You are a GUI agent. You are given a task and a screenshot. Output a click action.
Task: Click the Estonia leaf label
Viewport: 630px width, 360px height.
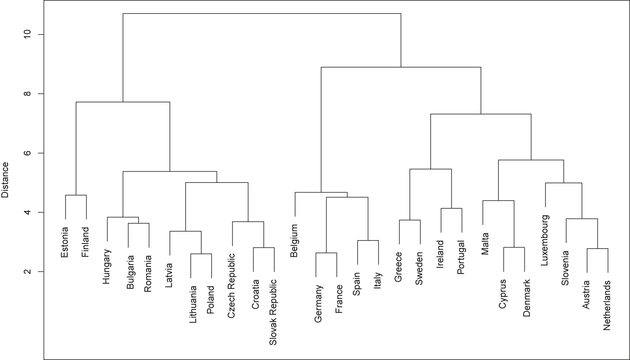[x=65, y=241]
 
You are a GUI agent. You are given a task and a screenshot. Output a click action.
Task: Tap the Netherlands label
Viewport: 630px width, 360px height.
[x=608, y=306]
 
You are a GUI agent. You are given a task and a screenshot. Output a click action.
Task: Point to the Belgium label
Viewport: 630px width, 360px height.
[x=295, y=241]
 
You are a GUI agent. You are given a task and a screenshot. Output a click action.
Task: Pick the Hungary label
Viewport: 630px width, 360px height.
[x=107, y=266]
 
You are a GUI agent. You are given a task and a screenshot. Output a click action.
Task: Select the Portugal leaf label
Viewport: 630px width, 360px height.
[x=462, y=257]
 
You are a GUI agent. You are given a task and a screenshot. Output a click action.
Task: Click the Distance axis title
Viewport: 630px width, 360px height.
[x=6, y=180]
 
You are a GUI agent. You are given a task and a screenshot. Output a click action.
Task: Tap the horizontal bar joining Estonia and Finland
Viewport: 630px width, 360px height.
[x=76, y=195]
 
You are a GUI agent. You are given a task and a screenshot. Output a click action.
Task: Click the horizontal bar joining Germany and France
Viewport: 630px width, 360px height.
[x=326, y=253]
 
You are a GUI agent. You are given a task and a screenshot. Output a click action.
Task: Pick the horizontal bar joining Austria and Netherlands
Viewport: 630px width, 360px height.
[x=597, y=248]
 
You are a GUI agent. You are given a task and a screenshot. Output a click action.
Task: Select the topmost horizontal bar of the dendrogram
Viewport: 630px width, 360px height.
[x=262, y=13]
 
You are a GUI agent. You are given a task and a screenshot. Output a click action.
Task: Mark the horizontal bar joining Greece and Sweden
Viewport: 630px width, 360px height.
[x=409, y=220]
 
